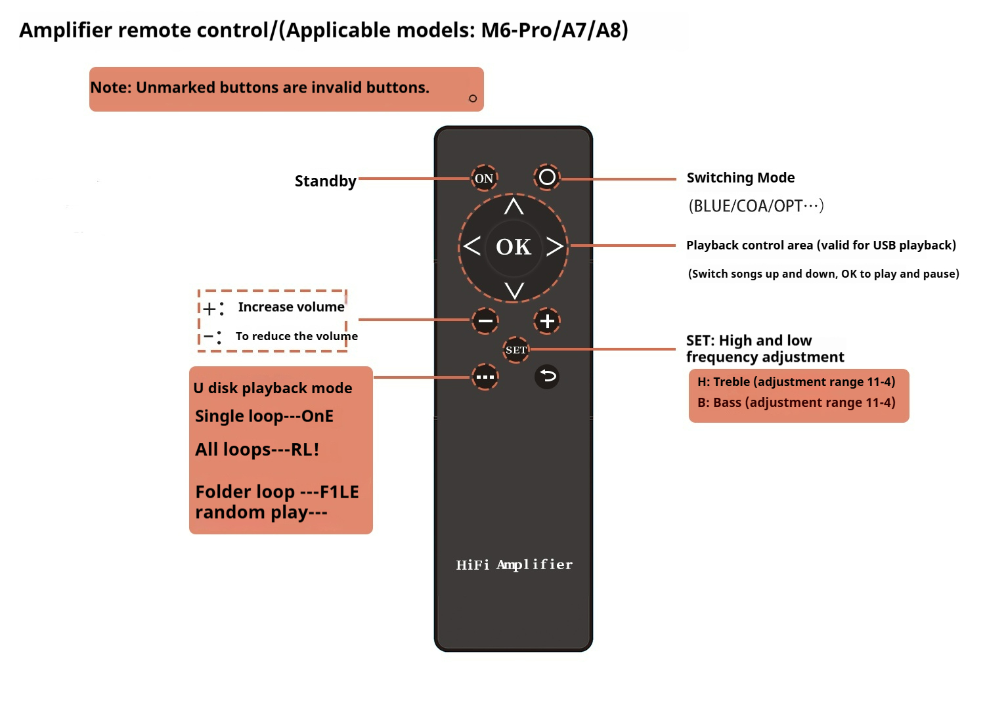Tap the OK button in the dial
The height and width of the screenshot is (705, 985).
(x=514, y=247)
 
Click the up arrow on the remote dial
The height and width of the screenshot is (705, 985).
(x=514, y=207)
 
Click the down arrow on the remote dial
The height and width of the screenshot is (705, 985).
(x=514, y=289)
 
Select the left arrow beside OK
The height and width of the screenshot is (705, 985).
(x=471, y=246)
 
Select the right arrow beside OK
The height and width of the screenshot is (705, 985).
(x=555, y=246)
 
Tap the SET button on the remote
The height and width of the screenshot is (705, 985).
(x=515, y=350)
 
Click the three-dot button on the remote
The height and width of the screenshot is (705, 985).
(x=485, y=377)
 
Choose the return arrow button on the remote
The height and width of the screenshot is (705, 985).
(x=547, y=376)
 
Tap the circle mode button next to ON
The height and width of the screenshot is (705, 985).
(x=547, y=177)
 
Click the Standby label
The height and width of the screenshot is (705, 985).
(x=325, y=181)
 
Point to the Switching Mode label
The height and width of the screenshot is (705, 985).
(x=740, y=178)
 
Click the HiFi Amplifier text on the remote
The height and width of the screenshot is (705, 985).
(x=514, y=565)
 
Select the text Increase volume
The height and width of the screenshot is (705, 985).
(x=291, y=307)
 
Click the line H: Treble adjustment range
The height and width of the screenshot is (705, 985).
(x=796, y=382)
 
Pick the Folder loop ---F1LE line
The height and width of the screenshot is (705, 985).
(x=276, y=492)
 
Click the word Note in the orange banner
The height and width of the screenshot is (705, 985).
(x=110, y=88)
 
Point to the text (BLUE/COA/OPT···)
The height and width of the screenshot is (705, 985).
(x=755, y=206)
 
